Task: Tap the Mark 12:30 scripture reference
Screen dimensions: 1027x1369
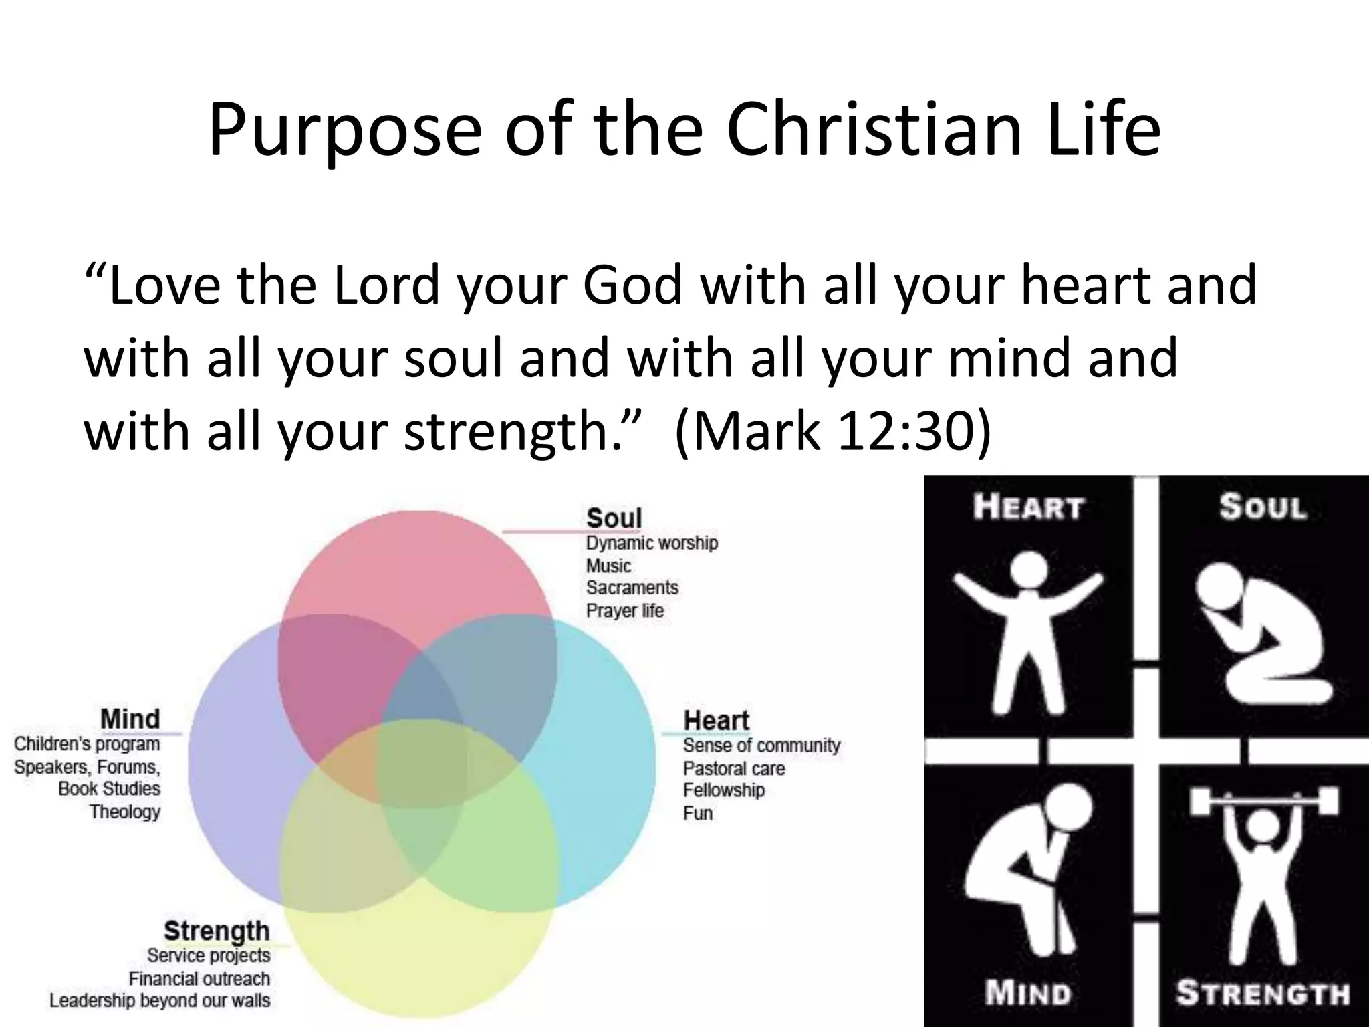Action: pyautogui.click(x=833, y=431)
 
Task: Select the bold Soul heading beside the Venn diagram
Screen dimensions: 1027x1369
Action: pyautogui.click(x=614, y=518)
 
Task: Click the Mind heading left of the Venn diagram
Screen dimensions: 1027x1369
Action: pyautogui.click(x=130, y=719)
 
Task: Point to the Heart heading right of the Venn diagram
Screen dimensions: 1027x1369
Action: pyautogui.click(x=716, y=721)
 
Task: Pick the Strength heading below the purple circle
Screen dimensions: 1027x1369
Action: pyautogui.click(x=217, y=931)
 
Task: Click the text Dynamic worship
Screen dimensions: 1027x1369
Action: pyautogui.click(x=652, y=543)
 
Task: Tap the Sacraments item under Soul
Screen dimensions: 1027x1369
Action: pyautogui.click(x=632, y=588)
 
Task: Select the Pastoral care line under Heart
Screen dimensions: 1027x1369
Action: pyautogui.click(x=733, y=768)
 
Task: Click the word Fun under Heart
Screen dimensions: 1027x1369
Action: pyautogui.click(x=697, y=813)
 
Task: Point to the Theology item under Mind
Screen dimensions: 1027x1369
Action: pyautogui.click(x=125, y=812)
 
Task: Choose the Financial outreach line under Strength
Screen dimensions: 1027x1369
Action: pyautogui.click(x=199, y=979)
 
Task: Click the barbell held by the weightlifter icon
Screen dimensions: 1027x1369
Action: pyautogui.click(x=1263, y=800)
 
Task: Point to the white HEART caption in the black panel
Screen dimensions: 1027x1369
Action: pyautogui.click(x=1027, y=507)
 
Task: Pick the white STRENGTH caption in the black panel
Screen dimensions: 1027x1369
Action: pyautogui.click(x=1262, y=993)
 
